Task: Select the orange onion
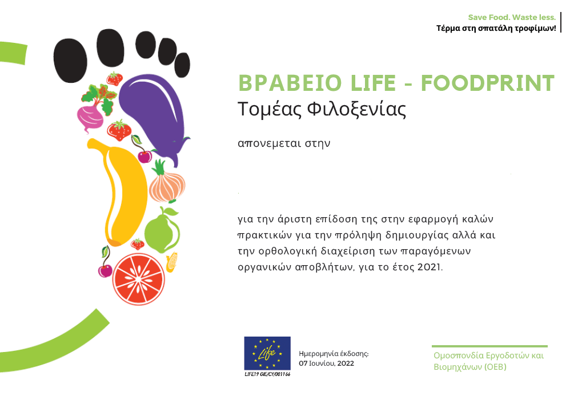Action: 166,183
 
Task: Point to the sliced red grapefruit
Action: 139,279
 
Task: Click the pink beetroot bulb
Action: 90,118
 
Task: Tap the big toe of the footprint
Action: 70,60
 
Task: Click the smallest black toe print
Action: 182,65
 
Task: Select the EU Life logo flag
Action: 267,353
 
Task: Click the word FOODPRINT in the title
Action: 488,83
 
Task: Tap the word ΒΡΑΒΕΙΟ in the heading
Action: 290,83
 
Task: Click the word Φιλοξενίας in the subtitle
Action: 356,110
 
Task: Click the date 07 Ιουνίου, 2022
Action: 326,363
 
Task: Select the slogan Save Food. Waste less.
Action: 512,17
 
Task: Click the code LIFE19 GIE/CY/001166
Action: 267,374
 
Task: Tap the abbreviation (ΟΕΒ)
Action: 495,367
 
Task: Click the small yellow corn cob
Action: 171,262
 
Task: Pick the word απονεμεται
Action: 269,143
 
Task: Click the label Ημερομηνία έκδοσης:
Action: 334,354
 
